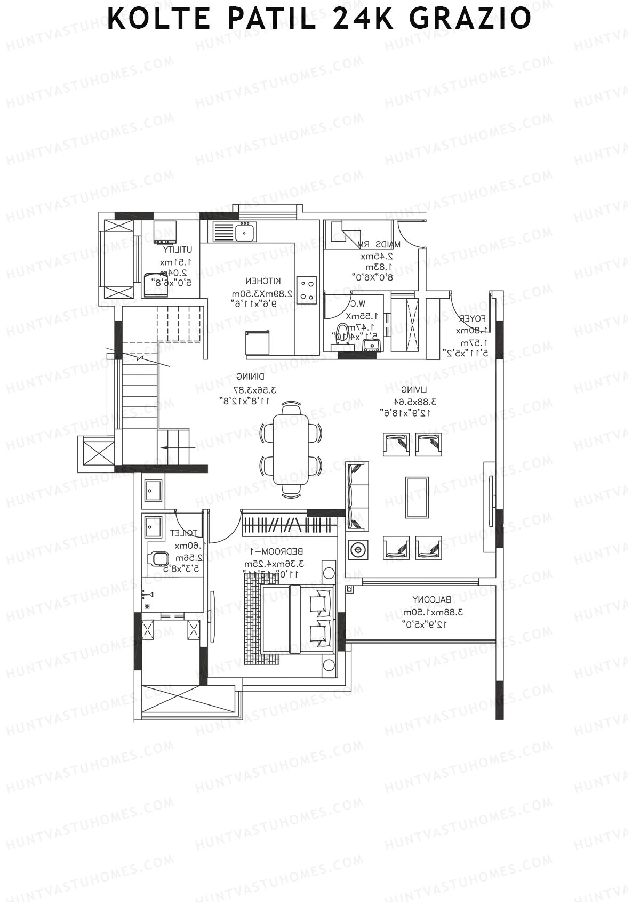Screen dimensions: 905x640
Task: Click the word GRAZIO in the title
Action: click(x=470, y=18)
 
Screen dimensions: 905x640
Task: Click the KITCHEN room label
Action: click(x=263, y=281)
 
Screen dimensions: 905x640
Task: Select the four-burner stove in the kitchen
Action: click(x=307, y=290)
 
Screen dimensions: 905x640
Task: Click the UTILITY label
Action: click(x=178, y=249)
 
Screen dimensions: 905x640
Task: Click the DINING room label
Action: click(x=247, y=376)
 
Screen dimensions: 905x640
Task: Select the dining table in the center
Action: click(x=291, y=450)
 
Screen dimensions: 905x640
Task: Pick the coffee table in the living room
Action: click(x=417, y=497)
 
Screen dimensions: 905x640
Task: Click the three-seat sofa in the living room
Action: click(x=357, y=496)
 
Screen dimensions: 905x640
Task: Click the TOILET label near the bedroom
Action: click(x=183, y=533)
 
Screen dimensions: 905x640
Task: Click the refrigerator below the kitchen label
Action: click(x=258, y=342)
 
